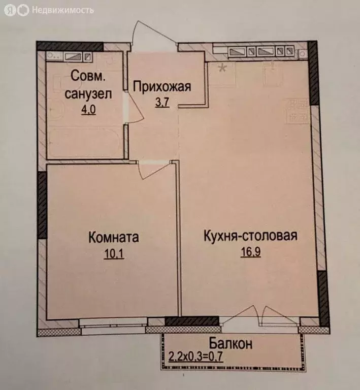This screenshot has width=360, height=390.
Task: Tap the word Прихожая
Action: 161,86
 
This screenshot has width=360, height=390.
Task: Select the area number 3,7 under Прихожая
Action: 161,101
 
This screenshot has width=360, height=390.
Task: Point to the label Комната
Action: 114,237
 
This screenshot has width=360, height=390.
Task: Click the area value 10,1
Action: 114,252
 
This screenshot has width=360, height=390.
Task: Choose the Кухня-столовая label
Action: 250,236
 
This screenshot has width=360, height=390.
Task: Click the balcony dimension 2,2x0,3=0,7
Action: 196,355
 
